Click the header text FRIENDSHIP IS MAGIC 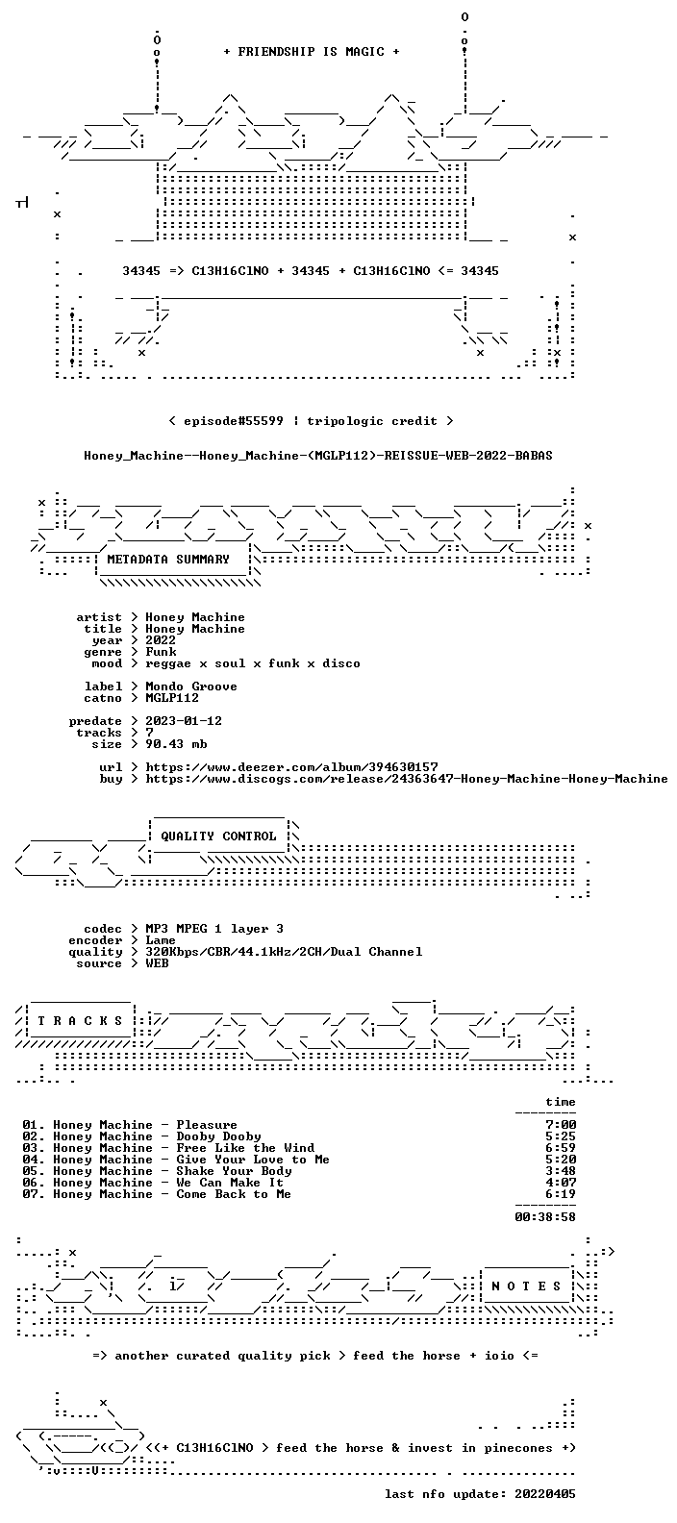[x=312, y=52]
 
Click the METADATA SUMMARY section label [x=168, y=560]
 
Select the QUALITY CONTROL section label [x=218, y=836]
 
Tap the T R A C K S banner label [x=80, y=1020]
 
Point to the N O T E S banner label [x=526, y=1286]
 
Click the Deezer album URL [x=291, y=767]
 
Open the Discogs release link [x=407, y=779]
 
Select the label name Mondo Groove [x=191, y=687]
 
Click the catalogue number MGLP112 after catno [x=172, y=698]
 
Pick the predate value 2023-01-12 [x=184, y=721]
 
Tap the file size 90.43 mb [x=176, y=744]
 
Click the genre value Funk [x=161, y=651]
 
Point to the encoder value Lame [x=161, y=940]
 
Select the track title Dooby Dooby [x=219, y=1136]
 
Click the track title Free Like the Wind [x=245, y=1148]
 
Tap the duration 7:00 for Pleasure [x=561, y=1125]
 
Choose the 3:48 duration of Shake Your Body [x=561, y=1171]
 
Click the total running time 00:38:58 [x=545, y=1217]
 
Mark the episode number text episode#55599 [x=233, y=421]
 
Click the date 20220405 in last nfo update [x=545, y=1494]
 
